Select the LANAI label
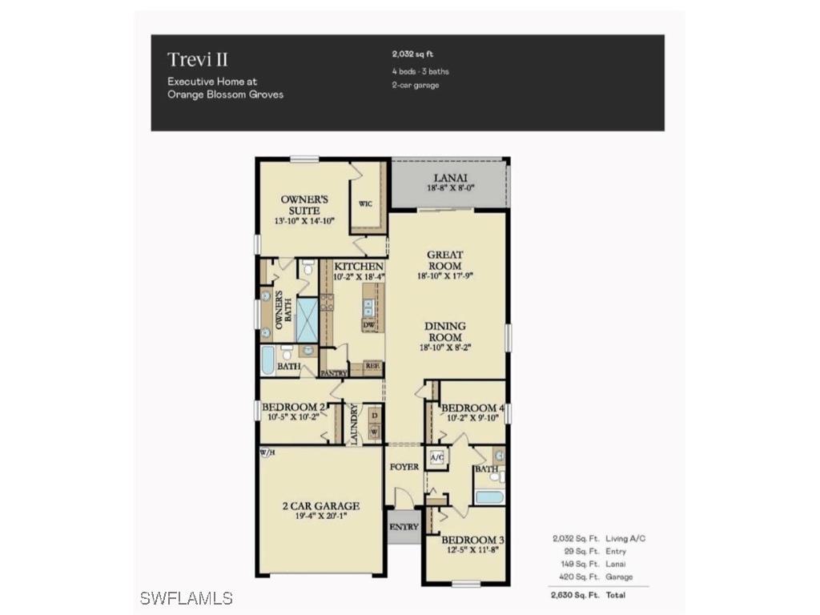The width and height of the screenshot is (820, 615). click(x=449, y=179)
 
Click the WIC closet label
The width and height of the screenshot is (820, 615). click(x=365, y=204)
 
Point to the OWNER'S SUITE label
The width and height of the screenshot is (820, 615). click(x=300, y=204)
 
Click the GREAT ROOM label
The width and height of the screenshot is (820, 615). click(x=444, y=260)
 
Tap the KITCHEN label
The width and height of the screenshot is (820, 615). click(x=358, y=266)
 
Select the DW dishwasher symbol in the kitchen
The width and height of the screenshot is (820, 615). click(x=369, y=325)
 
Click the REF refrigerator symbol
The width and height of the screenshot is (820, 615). click(x=372, y=367)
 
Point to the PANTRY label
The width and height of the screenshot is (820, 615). click(x=332, y=373)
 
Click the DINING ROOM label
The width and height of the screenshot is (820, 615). click(x=445, y=332)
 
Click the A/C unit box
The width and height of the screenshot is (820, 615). click(x=437, y=457)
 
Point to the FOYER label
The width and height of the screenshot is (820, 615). click(x=404, y=466)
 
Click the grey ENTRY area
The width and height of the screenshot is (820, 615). click(x=404, y=528)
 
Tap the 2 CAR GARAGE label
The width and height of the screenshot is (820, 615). click(x=320, y=506)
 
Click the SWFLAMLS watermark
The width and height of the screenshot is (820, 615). click(x=186, y=598)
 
